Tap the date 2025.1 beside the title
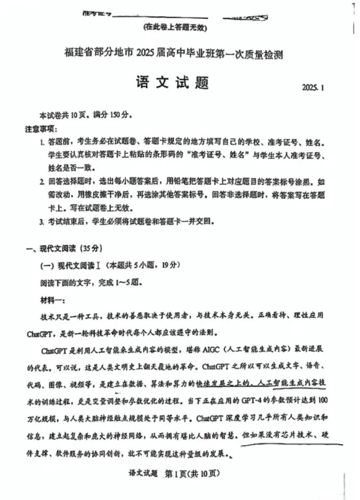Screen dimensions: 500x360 pos(313,88)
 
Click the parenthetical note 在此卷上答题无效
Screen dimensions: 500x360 pos(177,28)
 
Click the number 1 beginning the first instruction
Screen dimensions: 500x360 pos(42,142)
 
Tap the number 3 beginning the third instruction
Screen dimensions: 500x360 pos(42,221)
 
